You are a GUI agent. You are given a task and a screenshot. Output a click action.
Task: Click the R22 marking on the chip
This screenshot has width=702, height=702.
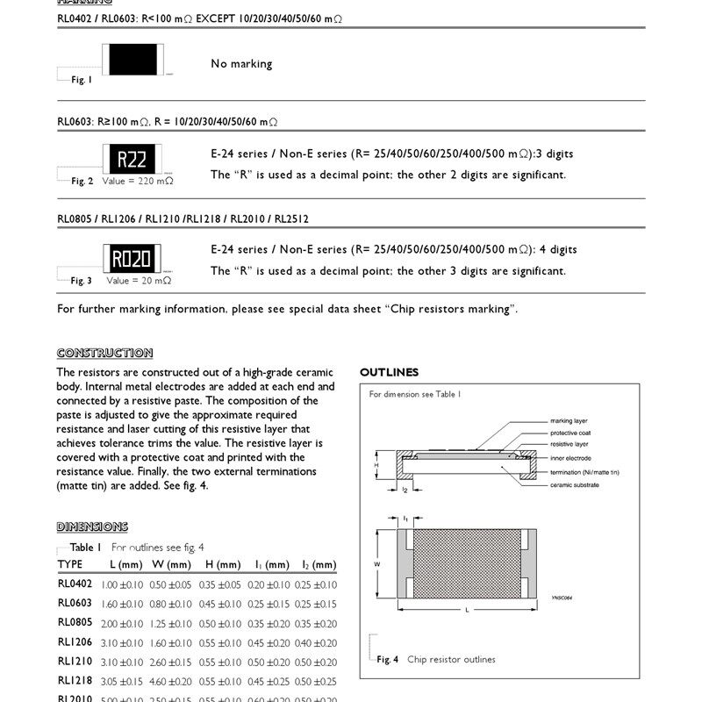click(132, 159)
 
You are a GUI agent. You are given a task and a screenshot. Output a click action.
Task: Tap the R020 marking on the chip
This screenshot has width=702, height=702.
click(132, 258)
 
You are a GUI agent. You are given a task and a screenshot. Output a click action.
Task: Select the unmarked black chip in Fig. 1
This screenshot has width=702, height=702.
click(132, 60)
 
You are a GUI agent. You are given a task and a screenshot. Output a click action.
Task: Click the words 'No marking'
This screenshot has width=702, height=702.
click(241, 64)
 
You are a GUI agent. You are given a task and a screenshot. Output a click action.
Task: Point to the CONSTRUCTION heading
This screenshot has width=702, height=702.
click(104, 353)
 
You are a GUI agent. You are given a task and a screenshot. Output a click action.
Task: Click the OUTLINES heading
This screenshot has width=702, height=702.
click(389, 373)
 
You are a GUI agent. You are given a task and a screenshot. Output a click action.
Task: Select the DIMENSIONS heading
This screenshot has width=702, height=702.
click(92, 526)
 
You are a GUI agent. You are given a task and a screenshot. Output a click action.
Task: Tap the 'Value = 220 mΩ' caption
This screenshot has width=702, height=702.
click(138, 181)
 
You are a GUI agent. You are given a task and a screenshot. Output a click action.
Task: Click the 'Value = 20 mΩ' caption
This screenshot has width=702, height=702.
click(139, 281)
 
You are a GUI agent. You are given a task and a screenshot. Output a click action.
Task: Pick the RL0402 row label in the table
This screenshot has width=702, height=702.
click(75, 584)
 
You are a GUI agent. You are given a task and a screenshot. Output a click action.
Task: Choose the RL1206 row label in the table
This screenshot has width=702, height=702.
click(75, 642)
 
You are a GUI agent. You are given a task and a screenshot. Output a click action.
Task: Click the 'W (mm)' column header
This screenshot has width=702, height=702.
click(171, 564)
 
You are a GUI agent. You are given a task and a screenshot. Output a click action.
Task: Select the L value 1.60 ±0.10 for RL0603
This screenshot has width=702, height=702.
click(122, 604)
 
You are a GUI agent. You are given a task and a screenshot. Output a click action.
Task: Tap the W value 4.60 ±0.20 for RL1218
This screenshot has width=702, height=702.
click(171, 681)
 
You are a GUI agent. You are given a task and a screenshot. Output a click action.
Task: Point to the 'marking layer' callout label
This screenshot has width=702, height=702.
click(569, 421)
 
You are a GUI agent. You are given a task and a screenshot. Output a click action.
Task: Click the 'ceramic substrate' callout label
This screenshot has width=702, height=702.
click(575, 484)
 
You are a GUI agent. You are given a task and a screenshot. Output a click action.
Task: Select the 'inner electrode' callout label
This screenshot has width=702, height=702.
click(570, 459)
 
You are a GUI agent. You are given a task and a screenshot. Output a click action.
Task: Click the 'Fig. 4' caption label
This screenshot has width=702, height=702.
click(388, 660)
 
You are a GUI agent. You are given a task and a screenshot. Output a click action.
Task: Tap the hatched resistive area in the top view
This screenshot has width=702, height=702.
click(465, 562)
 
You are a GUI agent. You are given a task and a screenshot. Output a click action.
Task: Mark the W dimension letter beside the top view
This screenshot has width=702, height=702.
click(376, 562)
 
